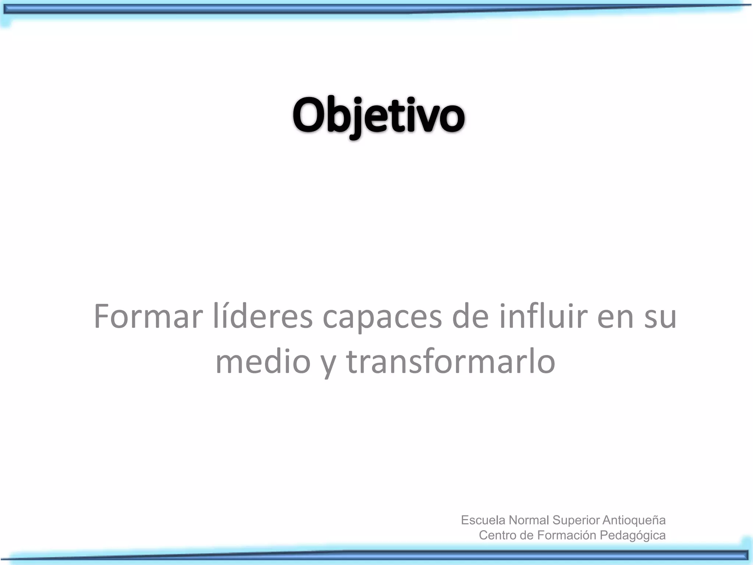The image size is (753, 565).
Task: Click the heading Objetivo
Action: click(x=379, y=116)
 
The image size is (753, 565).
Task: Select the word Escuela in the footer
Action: click(x=483, y=520)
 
